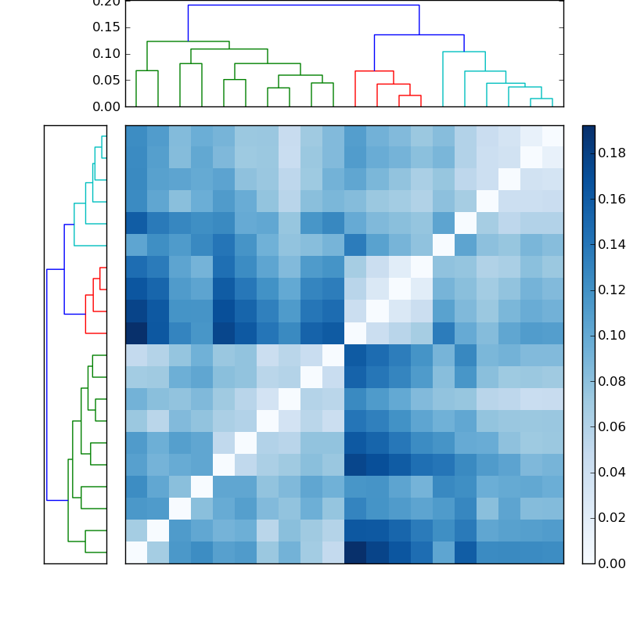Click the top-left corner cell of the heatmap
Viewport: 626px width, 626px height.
136,136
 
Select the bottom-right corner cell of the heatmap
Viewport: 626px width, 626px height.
552,552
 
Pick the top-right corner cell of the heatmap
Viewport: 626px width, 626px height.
552,136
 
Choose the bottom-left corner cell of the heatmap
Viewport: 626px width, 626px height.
136,552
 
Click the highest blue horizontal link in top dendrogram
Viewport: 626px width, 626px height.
304,5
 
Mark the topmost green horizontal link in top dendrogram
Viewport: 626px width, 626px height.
188,41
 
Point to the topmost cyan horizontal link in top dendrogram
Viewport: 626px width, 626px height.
464,52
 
